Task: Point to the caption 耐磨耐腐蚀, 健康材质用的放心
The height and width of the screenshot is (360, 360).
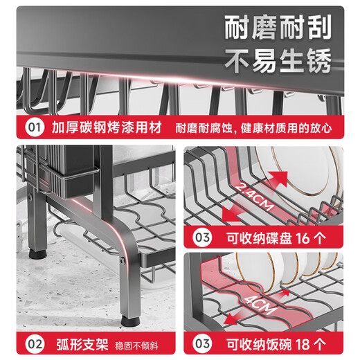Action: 253,128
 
